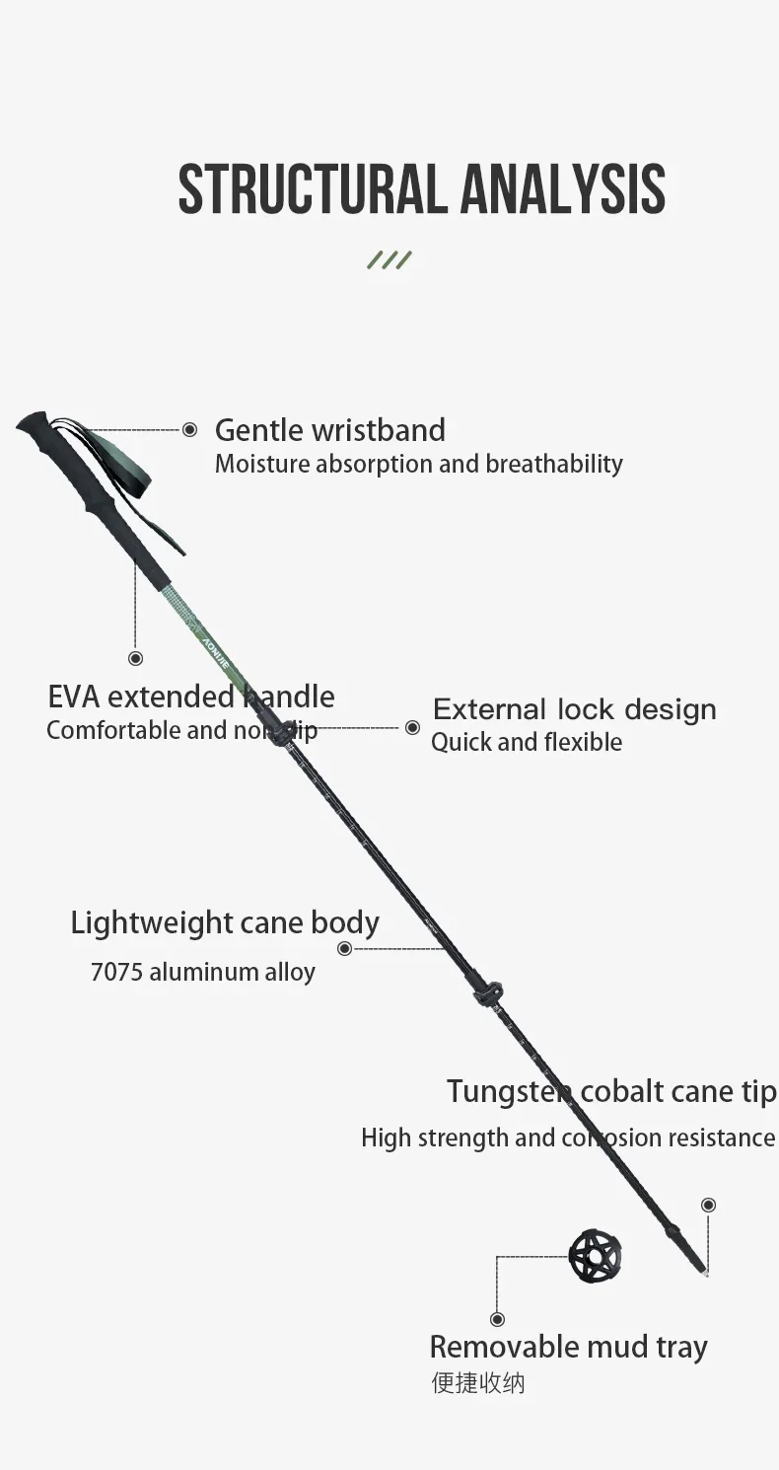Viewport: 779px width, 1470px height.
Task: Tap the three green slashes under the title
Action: (389, 260)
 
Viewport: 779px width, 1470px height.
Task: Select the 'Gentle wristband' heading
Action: (329, 430)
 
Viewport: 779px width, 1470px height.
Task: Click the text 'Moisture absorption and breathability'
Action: (418, 464)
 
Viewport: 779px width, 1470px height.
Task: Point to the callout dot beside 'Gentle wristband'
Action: (189, 429)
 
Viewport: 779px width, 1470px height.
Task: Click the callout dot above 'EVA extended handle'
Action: (136, 658)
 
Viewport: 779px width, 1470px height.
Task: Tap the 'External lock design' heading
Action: (574, 709)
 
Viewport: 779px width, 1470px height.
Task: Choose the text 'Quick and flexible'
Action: (526, 742)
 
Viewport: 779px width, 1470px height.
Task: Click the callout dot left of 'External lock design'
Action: (412, 727)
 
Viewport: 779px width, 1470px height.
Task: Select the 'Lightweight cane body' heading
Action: (225, 922)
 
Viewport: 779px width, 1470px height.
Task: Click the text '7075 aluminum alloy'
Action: (202, 972)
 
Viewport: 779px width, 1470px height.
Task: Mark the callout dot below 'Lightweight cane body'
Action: (344, 948)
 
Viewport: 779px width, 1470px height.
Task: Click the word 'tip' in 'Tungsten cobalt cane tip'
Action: (758, 1092)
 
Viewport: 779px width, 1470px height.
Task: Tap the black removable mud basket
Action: (595, 1256)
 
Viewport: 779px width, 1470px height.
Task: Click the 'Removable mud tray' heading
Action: (568, 1347)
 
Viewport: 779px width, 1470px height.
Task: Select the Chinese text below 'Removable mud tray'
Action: (477, 1382)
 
